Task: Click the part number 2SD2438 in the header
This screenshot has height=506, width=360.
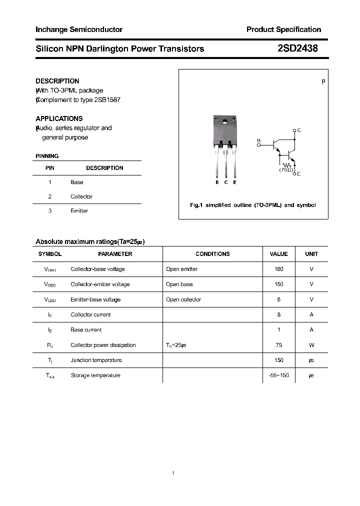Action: tap(296, 48)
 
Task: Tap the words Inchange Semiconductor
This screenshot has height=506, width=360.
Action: tap(79, 29)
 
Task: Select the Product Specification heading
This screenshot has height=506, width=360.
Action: tap(283, 29)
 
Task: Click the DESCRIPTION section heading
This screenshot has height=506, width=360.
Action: tap(57, 81)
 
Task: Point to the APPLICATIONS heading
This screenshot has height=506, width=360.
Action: tap(59, 118)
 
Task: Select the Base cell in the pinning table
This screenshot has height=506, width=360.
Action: tap(77, 182)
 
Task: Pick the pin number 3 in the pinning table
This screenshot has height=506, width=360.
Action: tap(50, 210)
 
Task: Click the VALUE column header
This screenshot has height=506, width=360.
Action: tap(279, 254)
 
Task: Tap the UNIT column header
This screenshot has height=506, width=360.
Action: tap(311, 254)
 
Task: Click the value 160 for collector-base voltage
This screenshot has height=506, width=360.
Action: tap(279, 269)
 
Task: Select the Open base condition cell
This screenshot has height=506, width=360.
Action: tap(179, 284)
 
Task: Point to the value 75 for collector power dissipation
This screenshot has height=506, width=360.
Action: tap(279, 345)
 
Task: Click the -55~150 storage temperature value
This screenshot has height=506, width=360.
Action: tap(279, 375)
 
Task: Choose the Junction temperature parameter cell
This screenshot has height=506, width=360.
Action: tap(96, 360)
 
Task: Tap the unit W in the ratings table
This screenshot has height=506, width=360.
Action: tap(311, 345)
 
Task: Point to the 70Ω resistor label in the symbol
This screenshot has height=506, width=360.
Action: tap(286, 170)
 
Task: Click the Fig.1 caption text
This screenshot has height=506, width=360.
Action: tap(253, 205)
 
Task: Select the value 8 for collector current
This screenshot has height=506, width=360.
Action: tap(279, 314)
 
